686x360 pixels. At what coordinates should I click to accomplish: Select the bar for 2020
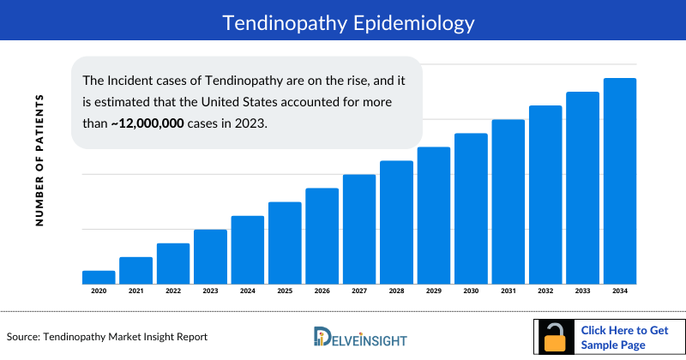(x=99, y=277)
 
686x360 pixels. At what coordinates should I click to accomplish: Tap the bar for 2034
(x=620, y=181)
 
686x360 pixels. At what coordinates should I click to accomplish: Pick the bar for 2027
(x=359, y=229)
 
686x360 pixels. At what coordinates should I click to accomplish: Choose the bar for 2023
(x=210, y=256)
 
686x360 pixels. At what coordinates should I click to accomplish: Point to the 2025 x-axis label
(x=285, y=291)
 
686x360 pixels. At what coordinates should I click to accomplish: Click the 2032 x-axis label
(x=545, y=291)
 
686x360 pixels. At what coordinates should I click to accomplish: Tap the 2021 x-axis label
(x=135, y=291)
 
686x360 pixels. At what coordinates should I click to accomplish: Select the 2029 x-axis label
(x=434, y=291)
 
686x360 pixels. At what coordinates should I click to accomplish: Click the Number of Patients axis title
(x=39, y=160)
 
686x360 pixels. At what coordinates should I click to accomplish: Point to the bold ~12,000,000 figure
(x=147, y=123)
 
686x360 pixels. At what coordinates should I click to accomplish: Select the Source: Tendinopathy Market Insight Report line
(x=107, y=337)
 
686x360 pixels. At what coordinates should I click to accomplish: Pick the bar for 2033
(x=582, y=188)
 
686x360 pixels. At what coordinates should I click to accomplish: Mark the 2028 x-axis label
(x=396, y=291)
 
